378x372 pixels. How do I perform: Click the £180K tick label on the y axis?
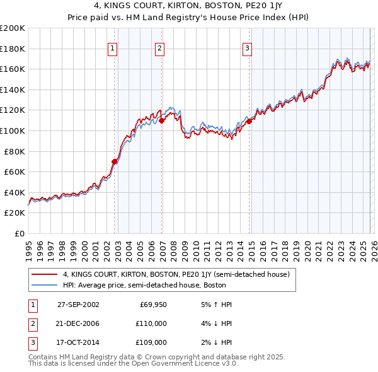click(x=13, y=49)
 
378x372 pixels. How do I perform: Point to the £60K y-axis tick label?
click(x=14, y=171)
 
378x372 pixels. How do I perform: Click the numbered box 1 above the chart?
click(x=112, y=48)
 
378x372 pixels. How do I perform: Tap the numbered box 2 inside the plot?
click(x=159, y=48)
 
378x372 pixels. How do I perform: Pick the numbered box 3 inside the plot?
click(x=247, y=48)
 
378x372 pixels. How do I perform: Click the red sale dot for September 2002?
click(x=115, y=161)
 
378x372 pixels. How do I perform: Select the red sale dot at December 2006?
click(x=162, y=120)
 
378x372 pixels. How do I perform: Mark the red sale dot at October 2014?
click(x=249, y=121)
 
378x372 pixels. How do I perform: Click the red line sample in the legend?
click(x=44, y=274)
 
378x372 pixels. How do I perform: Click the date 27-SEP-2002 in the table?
click(x=78, y=305)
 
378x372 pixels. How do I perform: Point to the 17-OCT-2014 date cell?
click(x=78, y=342)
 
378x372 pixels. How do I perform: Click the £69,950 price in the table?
click(x=152, y=305)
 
